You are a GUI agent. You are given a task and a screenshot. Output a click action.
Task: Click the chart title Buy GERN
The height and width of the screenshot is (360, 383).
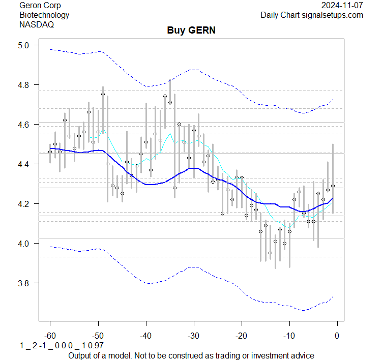tap(191, 31)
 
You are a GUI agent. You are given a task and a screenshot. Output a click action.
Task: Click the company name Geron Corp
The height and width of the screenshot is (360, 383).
tap(40, 5)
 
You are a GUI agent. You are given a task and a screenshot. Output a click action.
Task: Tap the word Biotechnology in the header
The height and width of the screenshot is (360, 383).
tap(44, 15)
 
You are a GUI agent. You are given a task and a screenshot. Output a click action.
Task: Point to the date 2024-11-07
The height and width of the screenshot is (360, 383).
tap(342, 5)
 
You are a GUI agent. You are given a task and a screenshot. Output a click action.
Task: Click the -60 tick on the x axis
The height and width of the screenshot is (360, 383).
tap(50, 336)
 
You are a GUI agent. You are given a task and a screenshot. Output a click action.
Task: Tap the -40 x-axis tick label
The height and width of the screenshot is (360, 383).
tap(145, 336)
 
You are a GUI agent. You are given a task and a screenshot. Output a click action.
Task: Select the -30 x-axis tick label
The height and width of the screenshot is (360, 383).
tap(193, 336)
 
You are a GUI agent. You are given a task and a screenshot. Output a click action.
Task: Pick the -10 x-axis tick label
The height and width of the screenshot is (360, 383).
tap(289, 336)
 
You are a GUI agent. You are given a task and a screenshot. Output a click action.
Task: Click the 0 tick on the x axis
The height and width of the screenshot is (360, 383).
tap(337, 336)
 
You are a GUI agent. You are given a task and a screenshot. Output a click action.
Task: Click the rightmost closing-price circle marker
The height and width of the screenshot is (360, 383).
tap(333, 186)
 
